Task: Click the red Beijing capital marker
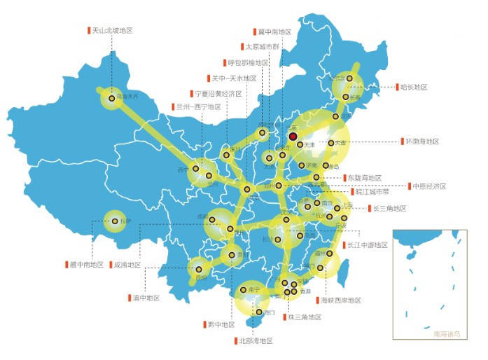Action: (293, 137)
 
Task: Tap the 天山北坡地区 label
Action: (112, 31)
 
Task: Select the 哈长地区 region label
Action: (413, 87)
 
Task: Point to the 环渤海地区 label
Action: (421, 141)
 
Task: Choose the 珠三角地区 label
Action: (304, 317)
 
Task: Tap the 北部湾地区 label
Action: (254, 340)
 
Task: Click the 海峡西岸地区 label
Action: (341, 300)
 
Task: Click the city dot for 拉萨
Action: (114, 221)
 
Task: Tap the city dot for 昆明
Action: (199, 268)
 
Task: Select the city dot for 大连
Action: (331, 143)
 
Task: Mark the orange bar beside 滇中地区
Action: (129, 298)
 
